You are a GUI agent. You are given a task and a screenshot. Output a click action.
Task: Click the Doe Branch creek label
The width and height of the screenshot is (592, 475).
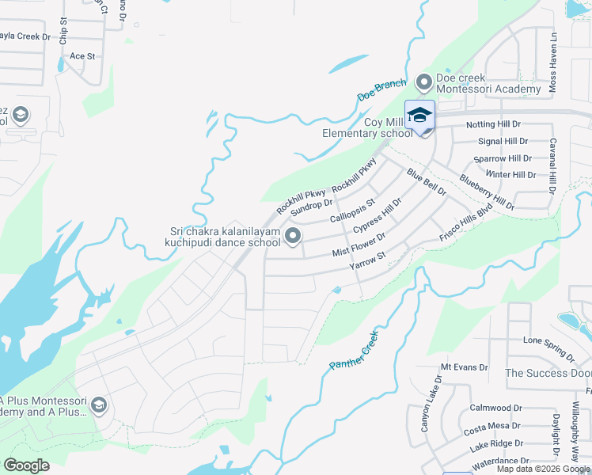[x=381, y=89]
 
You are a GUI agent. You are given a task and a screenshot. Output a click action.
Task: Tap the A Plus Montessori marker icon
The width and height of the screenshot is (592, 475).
[x=99, y=405]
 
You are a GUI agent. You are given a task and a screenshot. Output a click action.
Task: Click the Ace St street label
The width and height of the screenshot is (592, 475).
[x=82, y=56]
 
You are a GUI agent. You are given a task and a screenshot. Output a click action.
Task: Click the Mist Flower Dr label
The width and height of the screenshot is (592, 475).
[x=359, y=245]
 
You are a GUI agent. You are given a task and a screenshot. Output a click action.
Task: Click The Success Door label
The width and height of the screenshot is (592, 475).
[x=548, y=373]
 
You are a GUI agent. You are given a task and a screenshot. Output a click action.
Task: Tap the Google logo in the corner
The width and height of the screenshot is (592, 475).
[x=26, y=465]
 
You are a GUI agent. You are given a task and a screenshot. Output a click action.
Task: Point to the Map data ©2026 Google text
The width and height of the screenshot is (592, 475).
[x=542, y=469]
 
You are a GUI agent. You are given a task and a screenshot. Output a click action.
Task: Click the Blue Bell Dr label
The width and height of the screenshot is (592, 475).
[x=427, y=182]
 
